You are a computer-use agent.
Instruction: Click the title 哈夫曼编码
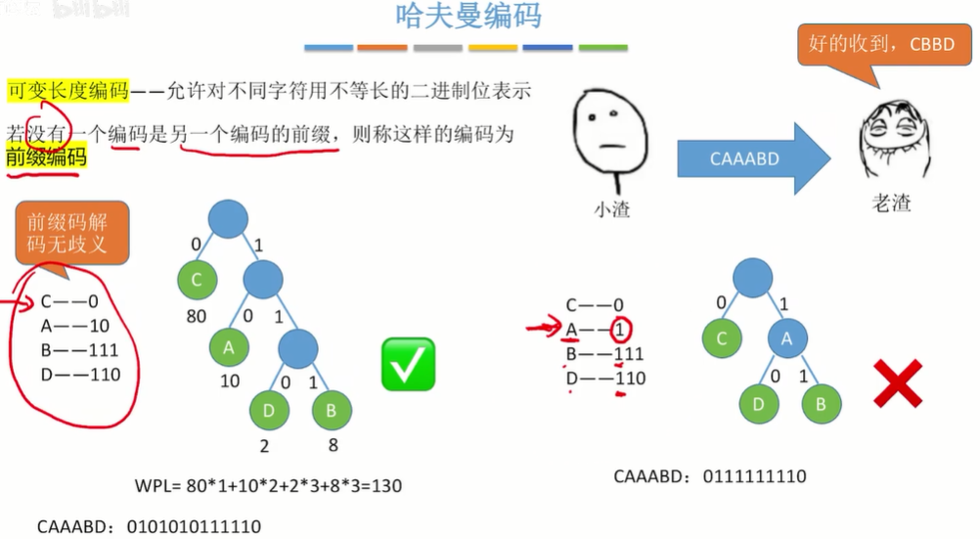(468, 17)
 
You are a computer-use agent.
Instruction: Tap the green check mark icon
(407, 364)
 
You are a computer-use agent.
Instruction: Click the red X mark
(897, 382)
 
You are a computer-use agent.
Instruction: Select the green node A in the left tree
(230, 347)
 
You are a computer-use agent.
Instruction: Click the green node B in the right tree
(822, 401)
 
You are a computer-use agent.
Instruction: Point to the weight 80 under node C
(196, 317)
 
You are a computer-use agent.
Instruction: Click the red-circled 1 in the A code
(618, 330)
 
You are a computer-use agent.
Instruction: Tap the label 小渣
(611, 208)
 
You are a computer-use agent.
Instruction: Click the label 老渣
(891, 204)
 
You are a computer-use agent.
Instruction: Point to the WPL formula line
(267, 486)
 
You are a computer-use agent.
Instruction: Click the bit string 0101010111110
(194, 526)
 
